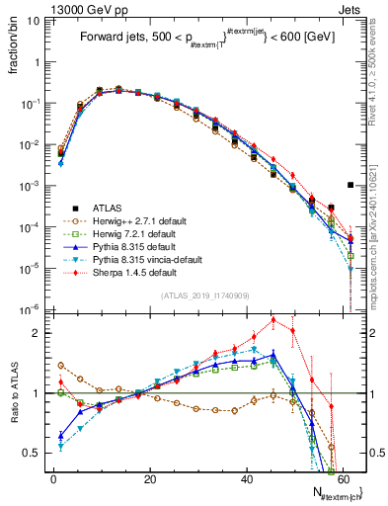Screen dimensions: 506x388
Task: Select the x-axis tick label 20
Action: click(x=149, y=477)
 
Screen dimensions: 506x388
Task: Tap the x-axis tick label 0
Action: click(x=53, y=477)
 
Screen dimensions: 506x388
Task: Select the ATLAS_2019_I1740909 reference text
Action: click(x=204, y=295)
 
